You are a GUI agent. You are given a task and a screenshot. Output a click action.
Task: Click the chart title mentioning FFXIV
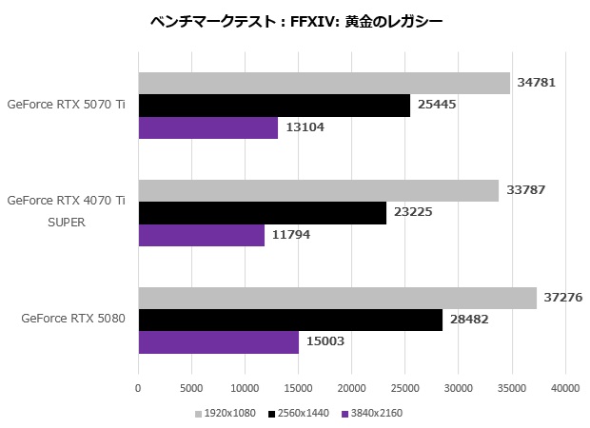pyautogui.click(x=296, y=20)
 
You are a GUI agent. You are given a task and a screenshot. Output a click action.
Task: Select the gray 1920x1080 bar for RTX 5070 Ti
pyautogui.click(x=324, y=83)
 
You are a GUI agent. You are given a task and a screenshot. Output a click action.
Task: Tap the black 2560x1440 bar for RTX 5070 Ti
pyautogui.click(x=274, y=105)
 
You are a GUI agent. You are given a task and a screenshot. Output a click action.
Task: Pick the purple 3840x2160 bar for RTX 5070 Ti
pyautogui.click(x=208, y=127)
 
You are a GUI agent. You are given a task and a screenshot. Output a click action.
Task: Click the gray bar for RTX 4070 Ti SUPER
pyautogui.click(x=318, y=190)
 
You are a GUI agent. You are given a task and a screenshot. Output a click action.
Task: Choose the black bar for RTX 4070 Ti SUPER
pyautogui.click(x=262, y=212)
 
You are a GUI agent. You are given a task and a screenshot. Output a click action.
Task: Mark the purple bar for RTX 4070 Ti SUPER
pyautogui.click(x=201, y=234)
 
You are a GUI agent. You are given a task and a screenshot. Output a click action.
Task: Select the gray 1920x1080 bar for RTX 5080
pyautogui.click(x=337, y=298)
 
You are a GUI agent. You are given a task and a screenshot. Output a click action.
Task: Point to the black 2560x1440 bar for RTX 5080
pyautogui.click(x=290, y=320)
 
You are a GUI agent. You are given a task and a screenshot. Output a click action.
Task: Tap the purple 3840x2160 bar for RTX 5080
pyautogui.click(x=218, y=342)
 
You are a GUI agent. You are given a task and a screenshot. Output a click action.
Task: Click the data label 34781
pyautogui.click(x=536, y=83)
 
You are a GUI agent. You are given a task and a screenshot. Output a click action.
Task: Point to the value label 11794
pyautogui.click(x=290, y=234)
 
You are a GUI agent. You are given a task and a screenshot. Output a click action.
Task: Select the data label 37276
pyautogui.click(x=561, y=298)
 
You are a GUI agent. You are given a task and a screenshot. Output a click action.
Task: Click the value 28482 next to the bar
pyautogui.click(x=468, y=320)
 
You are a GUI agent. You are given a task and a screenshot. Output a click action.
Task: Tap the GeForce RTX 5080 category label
pyautogui.click(x=73, y=320)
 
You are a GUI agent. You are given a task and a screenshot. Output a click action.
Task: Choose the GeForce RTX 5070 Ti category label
pyautogui.click(x=66, y=105)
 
